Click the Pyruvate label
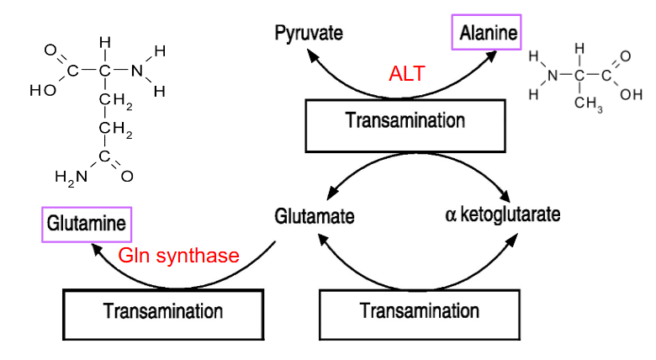tap(309, 34)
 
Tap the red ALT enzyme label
tap(406, 73)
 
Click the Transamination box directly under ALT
tap(405, 120)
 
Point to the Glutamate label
tap(315, 215)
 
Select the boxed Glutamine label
tap(87, 225)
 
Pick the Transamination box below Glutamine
tap(163, 312)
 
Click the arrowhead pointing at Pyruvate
tap(313, 56)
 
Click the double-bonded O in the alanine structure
tap(623, 56)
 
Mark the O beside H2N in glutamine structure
tap(127, 177)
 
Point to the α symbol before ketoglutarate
tap(450, 214)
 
